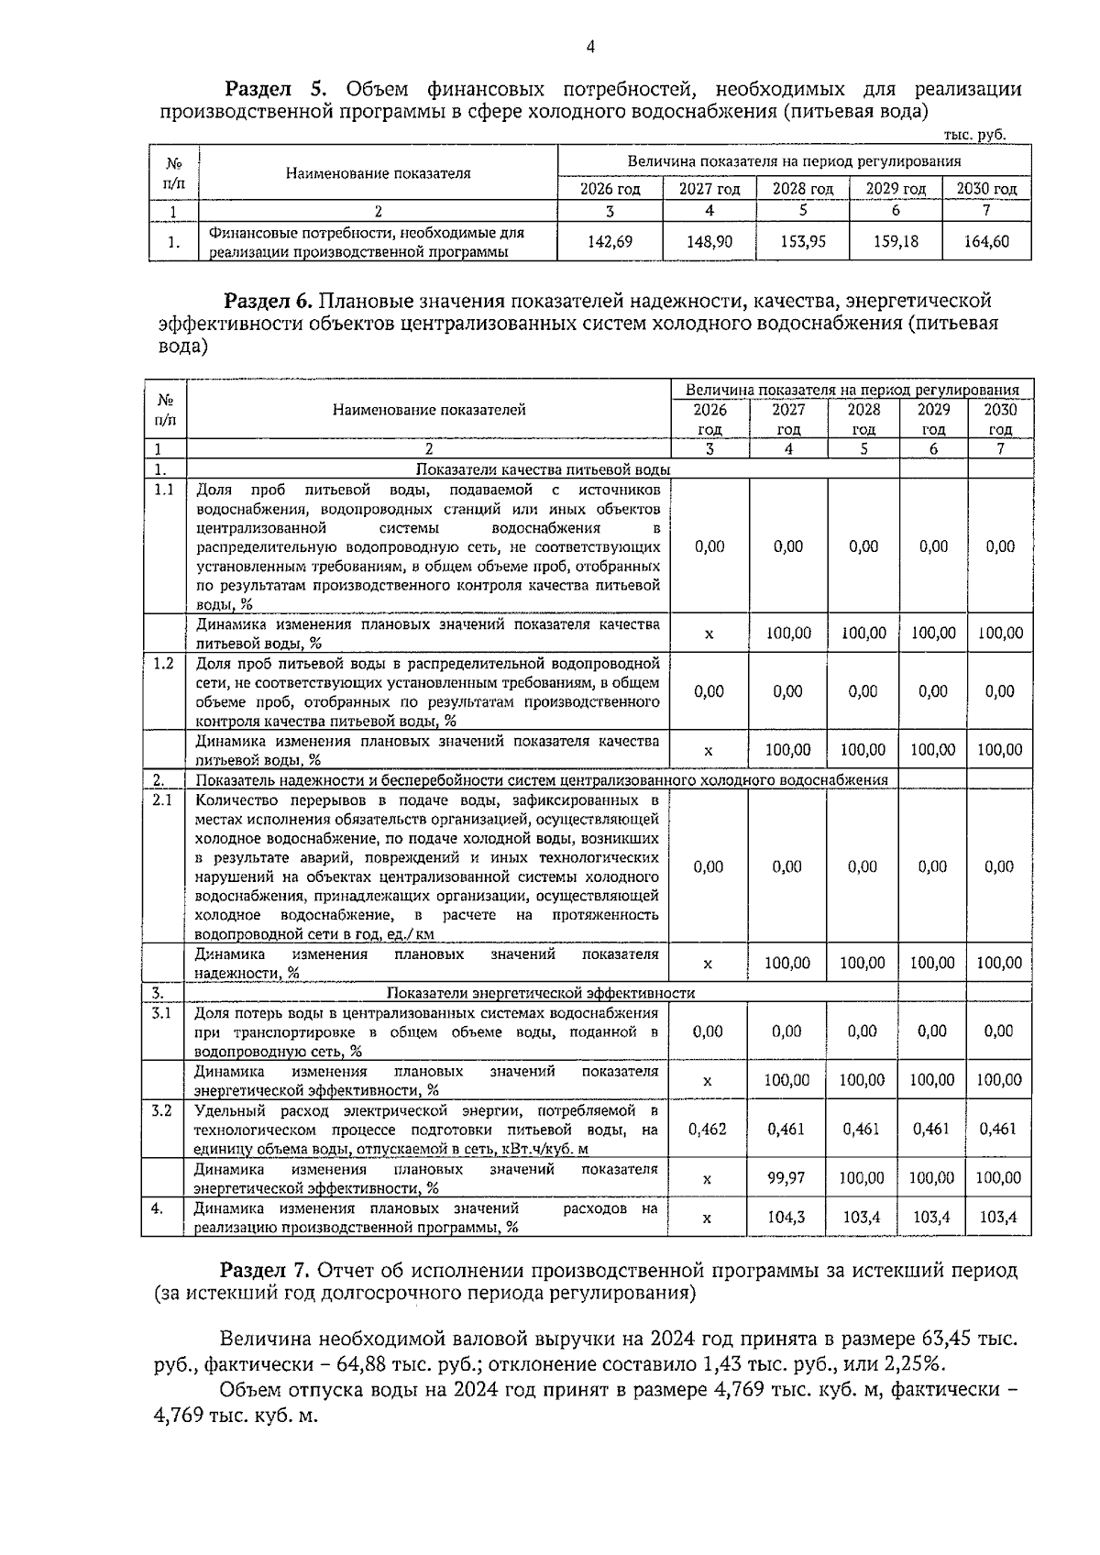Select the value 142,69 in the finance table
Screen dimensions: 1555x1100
pos(610,241)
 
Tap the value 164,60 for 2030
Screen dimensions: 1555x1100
pos(986,241)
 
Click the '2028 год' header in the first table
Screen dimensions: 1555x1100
pos(802,189)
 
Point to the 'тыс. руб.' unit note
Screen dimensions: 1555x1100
pos(974,134)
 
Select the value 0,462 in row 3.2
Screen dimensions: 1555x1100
pos(707,1129)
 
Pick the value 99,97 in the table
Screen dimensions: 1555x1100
pos(786,1177)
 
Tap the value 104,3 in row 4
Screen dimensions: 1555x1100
pos(786,1218)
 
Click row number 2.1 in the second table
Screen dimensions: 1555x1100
pos(162,800)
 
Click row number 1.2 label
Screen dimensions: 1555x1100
pos(163,663)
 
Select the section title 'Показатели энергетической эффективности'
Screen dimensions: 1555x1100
pos(540,993)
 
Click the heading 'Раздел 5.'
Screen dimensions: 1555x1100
pos(276,89)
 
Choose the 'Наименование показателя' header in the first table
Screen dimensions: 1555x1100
pos(378,172)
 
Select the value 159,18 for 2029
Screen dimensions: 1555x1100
pos(896,241)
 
